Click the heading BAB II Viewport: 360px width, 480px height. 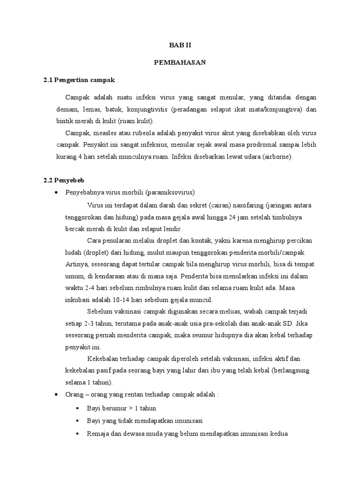pyautogui.click(x=180, y=45)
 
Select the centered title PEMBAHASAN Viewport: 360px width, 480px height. pyautogui.click(x=180, y=63)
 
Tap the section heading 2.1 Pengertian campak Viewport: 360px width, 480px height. pyautogui.click(x=79, y=80)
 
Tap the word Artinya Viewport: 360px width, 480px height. pyautogui.click(x=77, y=264)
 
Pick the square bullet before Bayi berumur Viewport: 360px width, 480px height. pyautogui.click(x=77, y=408)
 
